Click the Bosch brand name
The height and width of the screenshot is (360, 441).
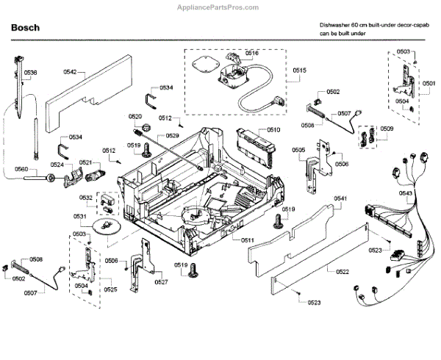pos(26,28)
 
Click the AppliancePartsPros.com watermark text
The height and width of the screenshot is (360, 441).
pos(220,7)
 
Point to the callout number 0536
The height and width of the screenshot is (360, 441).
pos(30,72)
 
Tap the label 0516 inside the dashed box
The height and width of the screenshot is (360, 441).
pos(252,54)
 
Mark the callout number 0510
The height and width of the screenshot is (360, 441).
pos(273,129)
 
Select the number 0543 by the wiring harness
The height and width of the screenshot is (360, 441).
pos(406,193)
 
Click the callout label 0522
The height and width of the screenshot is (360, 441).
pos(342,273)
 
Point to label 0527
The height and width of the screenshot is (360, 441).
pos(161,281)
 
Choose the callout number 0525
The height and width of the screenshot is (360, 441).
pos(110,290)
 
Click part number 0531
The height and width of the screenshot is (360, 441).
pos(79,217)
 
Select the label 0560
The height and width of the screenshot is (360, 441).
pos(21,170)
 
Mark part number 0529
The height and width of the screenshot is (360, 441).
pos(172,136)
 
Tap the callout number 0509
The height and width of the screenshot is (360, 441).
pos(387,129)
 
